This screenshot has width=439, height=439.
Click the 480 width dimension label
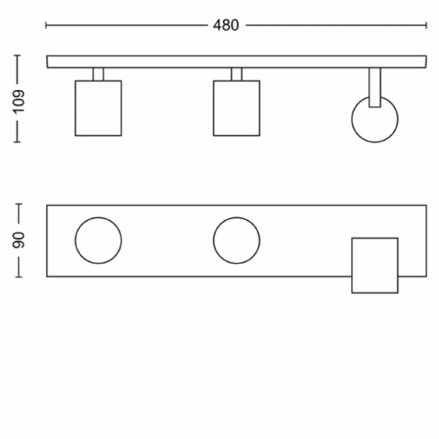pyautogui.click(x=226, y=25)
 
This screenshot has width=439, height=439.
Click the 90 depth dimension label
pyautogui.click(x=19, y=240)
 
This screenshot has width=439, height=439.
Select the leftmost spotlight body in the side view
pyautogui.click(x=98, y=108)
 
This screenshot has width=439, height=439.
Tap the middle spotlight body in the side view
pyautogui.click(x=237, y=108)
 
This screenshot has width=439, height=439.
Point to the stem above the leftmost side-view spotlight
pyautogui.click(x=98, y=74)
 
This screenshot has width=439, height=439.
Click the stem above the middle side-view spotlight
pyautogui.click(x=237, y=74)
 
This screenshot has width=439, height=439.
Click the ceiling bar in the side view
pyautogui.click(x=237, y=62)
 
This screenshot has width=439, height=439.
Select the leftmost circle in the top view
pyautogui.click(x=98, y=240)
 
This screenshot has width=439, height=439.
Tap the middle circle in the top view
pyautogui.click(x=237, y=240)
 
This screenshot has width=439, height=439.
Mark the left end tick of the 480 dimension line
pyautogui.click(x=46, y=25)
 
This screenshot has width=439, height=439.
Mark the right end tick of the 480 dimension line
pyautogui.click(x=426, y=25)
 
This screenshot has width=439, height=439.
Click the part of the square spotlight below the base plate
pyautogui.click(x=375, y=285)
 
